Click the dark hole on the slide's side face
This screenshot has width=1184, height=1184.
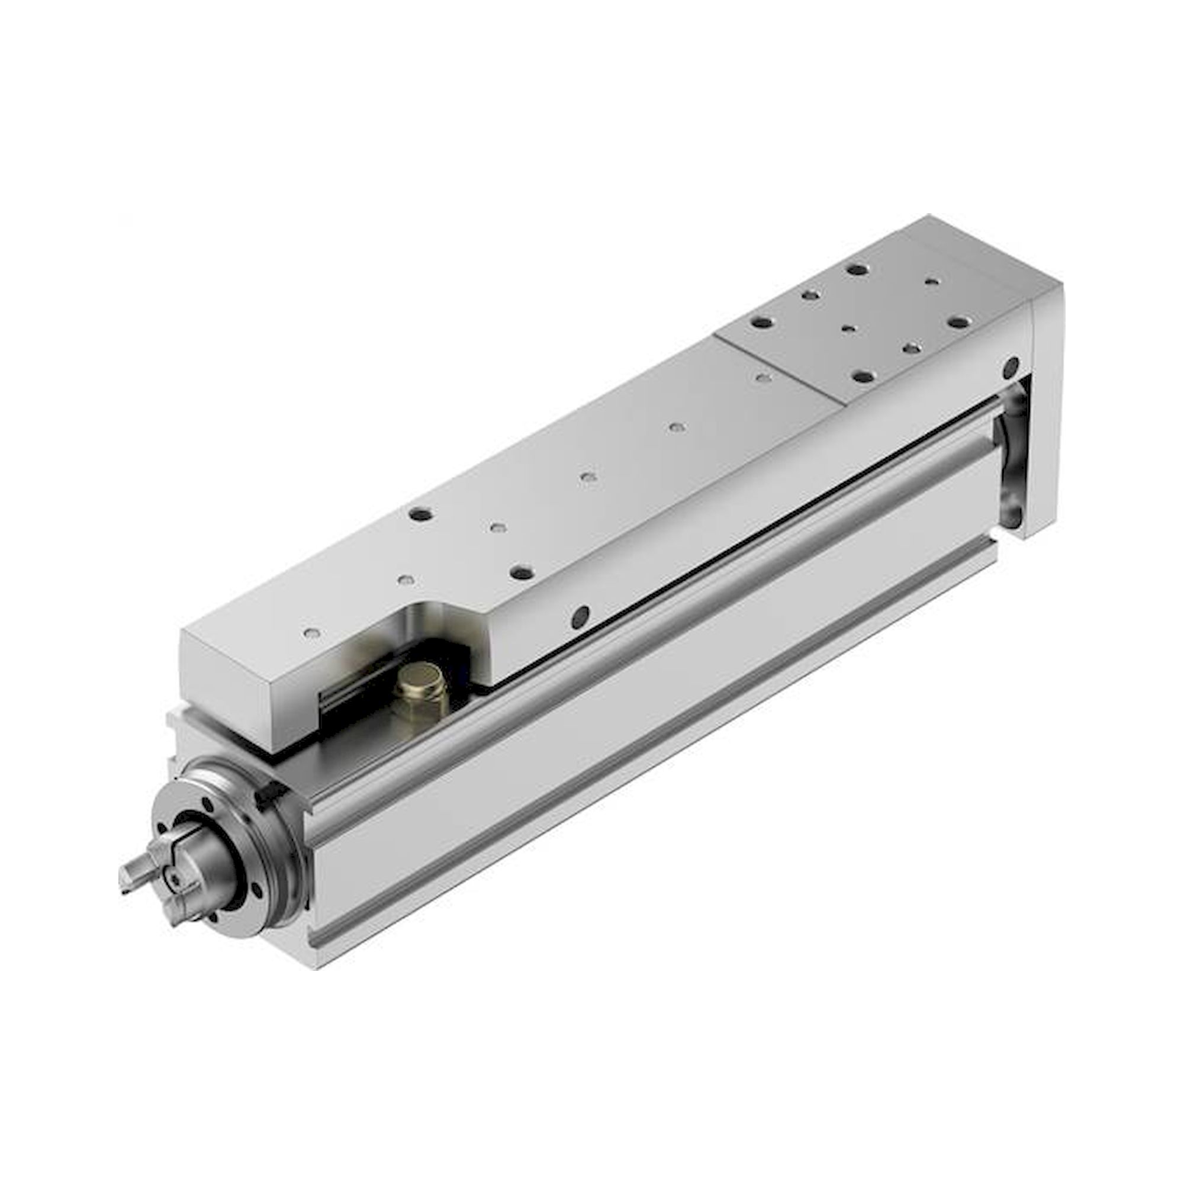coord(578,617)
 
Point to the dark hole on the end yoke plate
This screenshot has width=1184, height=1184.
coord(1009,369)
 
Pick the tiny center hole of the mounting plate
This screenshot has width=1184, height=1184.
coord(848,329)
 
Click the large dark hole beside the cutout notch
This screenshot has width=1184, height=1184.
coord(522,572)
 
